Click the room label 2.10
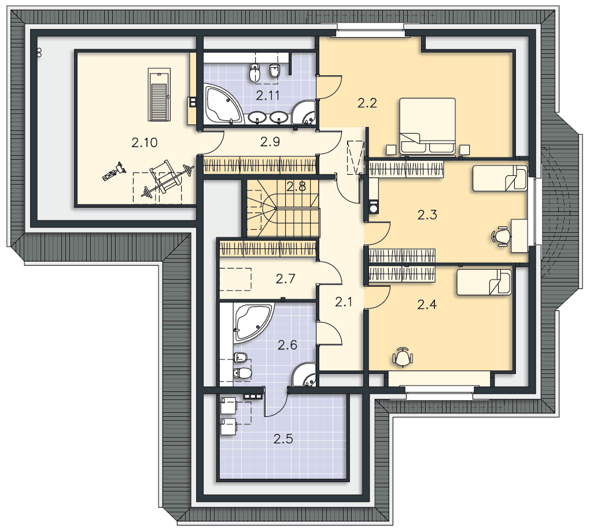(145, 142)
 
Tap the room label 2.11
(268, 96)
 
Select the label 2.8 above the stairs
(296, 186)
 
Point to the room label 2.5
(283, 439)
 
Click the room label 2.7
(285, 279)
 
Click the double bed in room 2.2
(428, 127)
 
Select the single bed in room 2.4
(484, 282)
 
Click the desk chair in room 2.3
(501, 236)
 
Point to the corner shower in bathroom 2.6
(304, 375)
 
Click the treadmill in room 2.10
(159, 94)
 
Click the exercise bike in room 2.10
(114, 172)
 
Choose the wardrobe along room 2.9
(260, 166)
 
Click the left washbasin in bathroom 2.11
(257, 118)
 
